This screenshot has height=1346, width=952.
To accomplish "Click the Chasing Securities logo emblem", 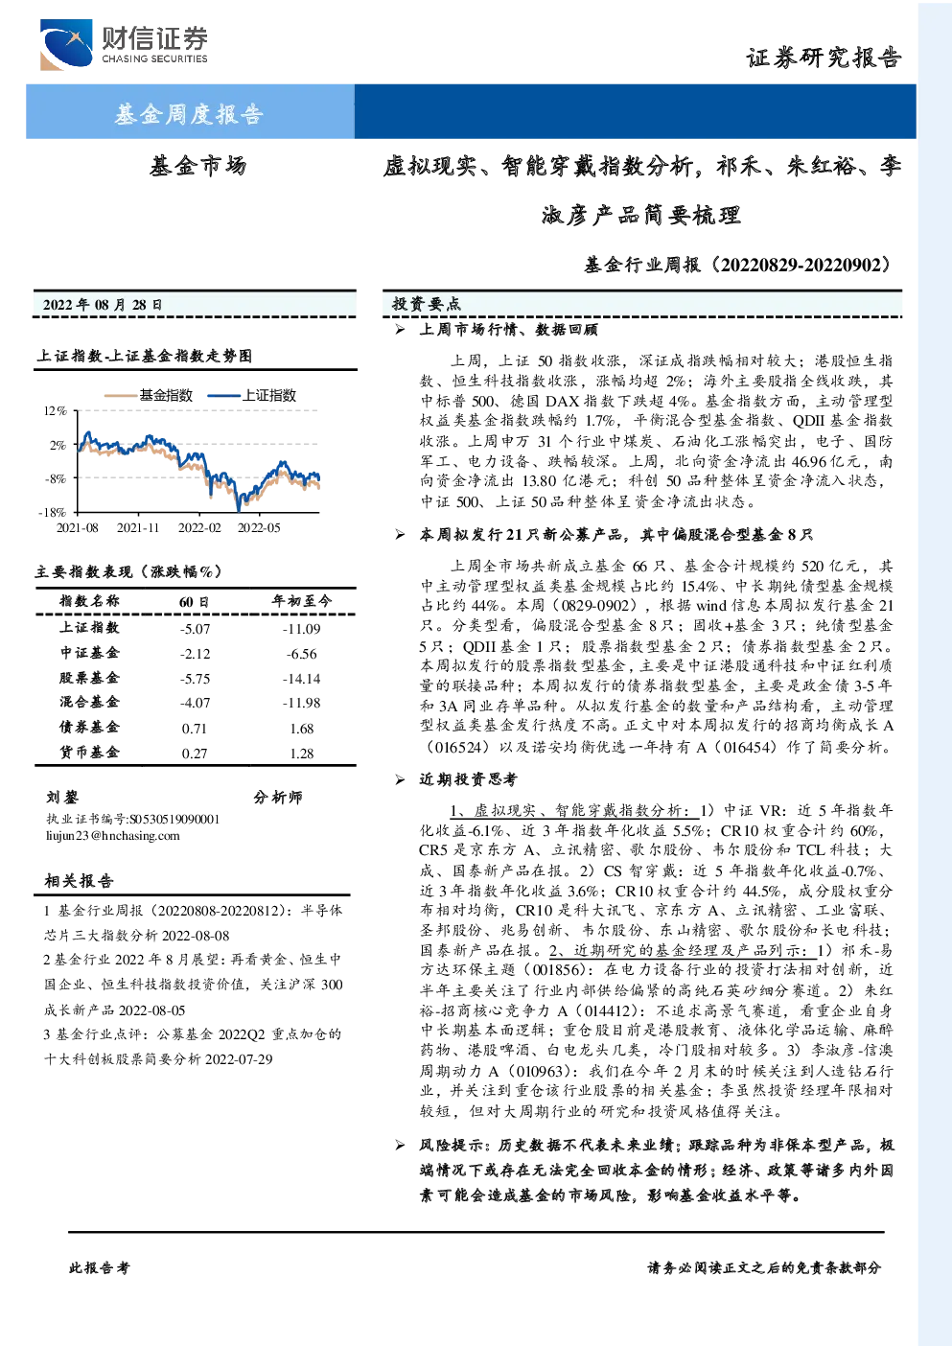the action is click(66, 44).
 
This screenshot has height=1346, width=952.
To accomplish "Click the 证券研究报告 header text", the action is click(824, 58).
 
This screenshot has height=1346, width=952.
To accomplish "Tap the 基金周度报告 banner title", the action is click(189, 113).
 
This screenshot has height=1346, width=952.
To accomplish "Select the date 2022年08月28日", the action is click(103, 305).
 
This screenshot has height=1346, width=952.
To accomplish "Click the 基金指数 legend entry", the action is click(149, 395).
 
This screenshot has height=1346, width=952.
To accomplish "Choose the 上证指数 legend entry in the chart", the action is click(252, 395).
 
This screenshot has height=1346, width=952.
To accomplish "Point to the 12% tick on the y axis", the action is click(55, 411).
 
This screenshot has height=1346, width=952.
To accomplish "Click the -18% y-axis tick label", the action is click(53, 513).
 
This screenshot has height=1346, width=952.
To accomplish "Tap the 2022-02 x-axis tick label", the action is click(199, 527).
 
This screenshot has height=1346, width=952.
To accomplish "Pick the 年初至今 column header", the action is click(301, 601).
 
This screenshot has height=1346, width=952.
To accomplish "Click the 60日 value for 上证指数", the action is click(195, 629).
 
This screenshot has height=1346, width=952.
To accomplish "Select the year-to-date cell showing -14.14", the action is click(301, 679).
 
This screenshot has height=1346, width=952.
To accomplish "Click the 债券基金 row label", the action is click(89, 727).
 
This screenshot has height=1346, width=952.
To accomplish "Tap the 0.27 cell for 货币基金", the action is click(195, 754).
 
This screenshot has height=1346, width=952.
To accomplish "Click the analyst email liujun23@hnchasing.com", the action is click(112, 836).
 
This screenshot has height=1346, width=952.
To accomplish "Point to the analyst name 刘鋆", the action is click(62, 798).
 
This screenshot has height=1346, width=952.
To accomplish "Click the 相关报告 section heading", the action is click(79, 881).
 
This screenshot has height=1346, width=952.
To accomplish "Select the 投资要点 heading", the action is click(426, 304).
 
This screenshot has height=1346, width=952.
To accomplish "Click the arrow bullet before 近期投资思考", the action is click(400, 780).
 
